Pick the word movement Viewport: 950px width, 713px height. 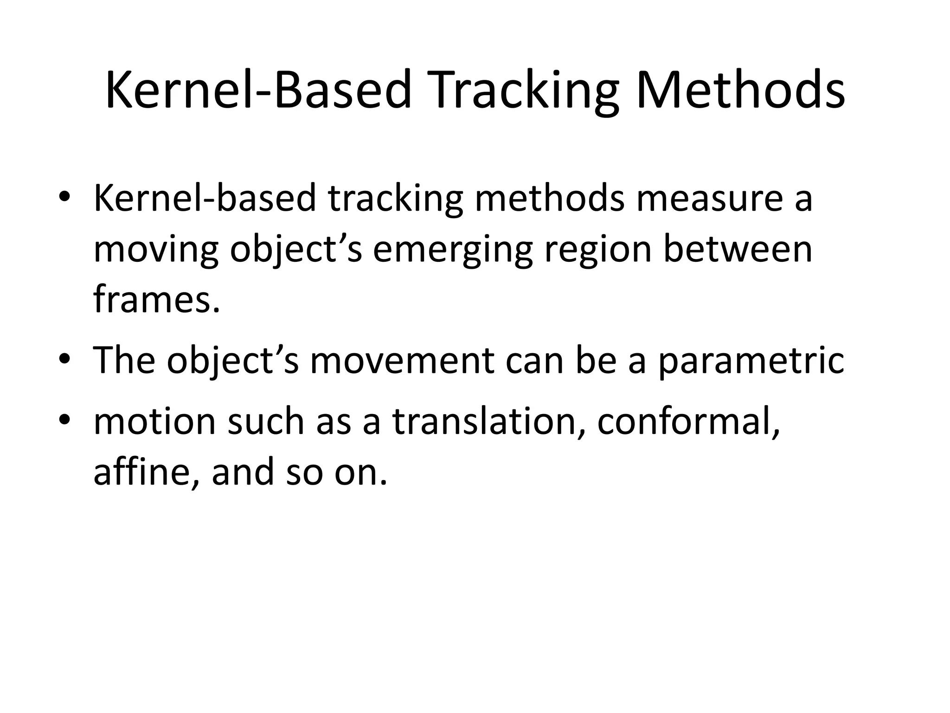click(x=401, y=360)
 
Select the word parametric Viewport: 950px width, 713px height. click(x=751, y=361)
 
